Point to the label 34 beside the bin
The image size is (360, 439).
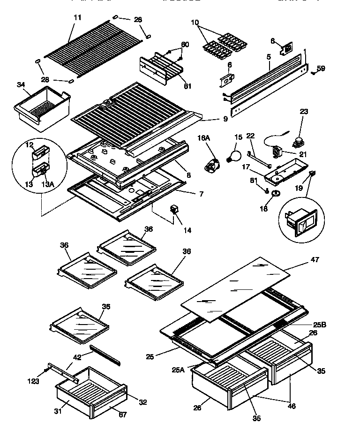[x=20, y=85]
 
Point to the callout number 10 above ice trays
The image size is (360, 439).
[x=195, y=23]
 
